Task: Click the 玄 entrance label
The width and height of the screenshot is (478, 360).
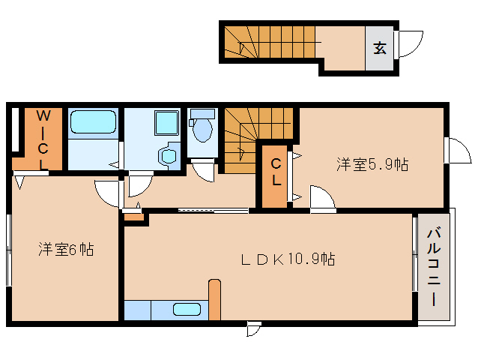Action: (380, 49)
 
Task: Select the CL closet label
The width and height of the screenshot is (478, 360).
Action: (276, 172)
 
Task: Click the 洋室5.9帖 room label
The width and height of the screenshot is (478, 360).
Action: (372, 164)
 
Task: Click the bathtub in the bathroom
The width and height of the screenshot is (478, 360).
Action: (93, 123)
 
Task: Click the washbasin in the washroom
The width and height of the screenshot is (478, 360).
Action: (167, 156)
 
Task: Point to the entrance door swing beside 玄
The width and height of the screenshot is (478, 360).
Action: (411, 44)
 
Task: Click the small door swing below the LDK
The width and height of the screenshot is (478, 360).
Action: (254, 328)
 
